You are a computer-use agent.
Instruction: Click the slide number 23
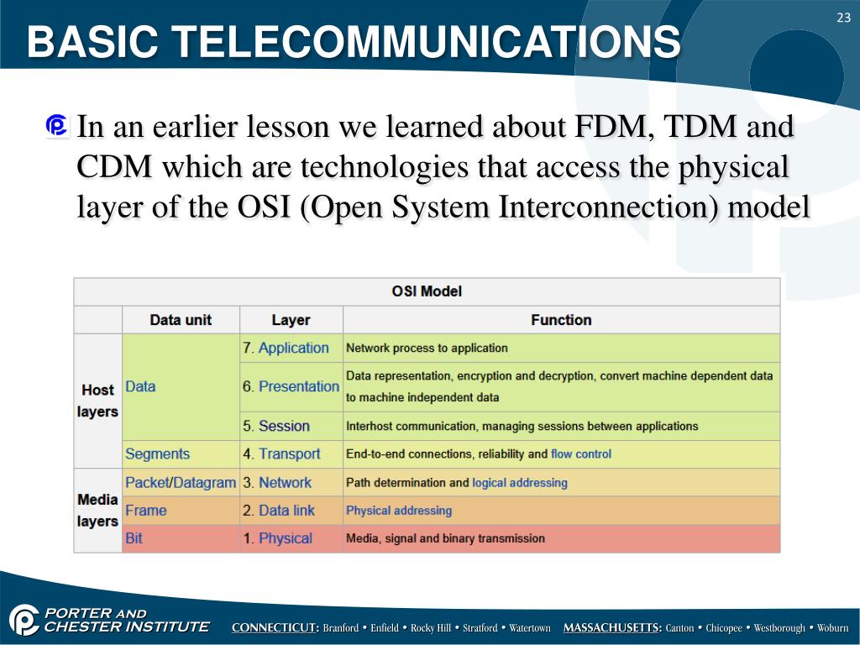842,18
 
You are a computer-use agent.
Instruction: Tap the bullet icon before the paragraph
58,127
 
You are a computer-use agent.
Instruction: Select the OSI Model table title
427,291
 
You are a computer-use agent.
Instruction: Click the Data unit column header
181,320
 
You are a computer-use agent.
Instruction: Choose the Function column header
561,320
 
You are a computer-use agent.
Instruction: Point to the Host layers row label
97,401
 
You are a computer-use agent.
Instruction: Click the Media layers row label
97,510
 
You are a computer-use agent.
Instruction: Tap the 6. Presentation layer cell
291,386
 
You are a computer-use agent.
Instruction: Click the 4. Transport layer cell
281,454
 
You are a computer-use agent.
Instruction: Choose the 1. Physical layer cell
277,538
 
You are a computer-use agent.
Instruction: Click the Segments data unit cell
157,454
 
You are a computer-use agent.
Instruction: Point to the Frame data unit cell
146,510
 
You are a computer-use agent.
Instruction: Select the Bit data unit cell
134,538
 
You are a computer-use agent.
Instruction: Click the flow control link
581,454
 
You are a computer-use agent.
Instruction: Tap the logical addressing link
520,483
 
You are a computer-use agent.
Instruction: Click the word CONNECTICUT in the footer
275,628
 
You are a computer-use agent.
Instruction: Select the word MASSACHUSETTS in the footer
612,628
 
